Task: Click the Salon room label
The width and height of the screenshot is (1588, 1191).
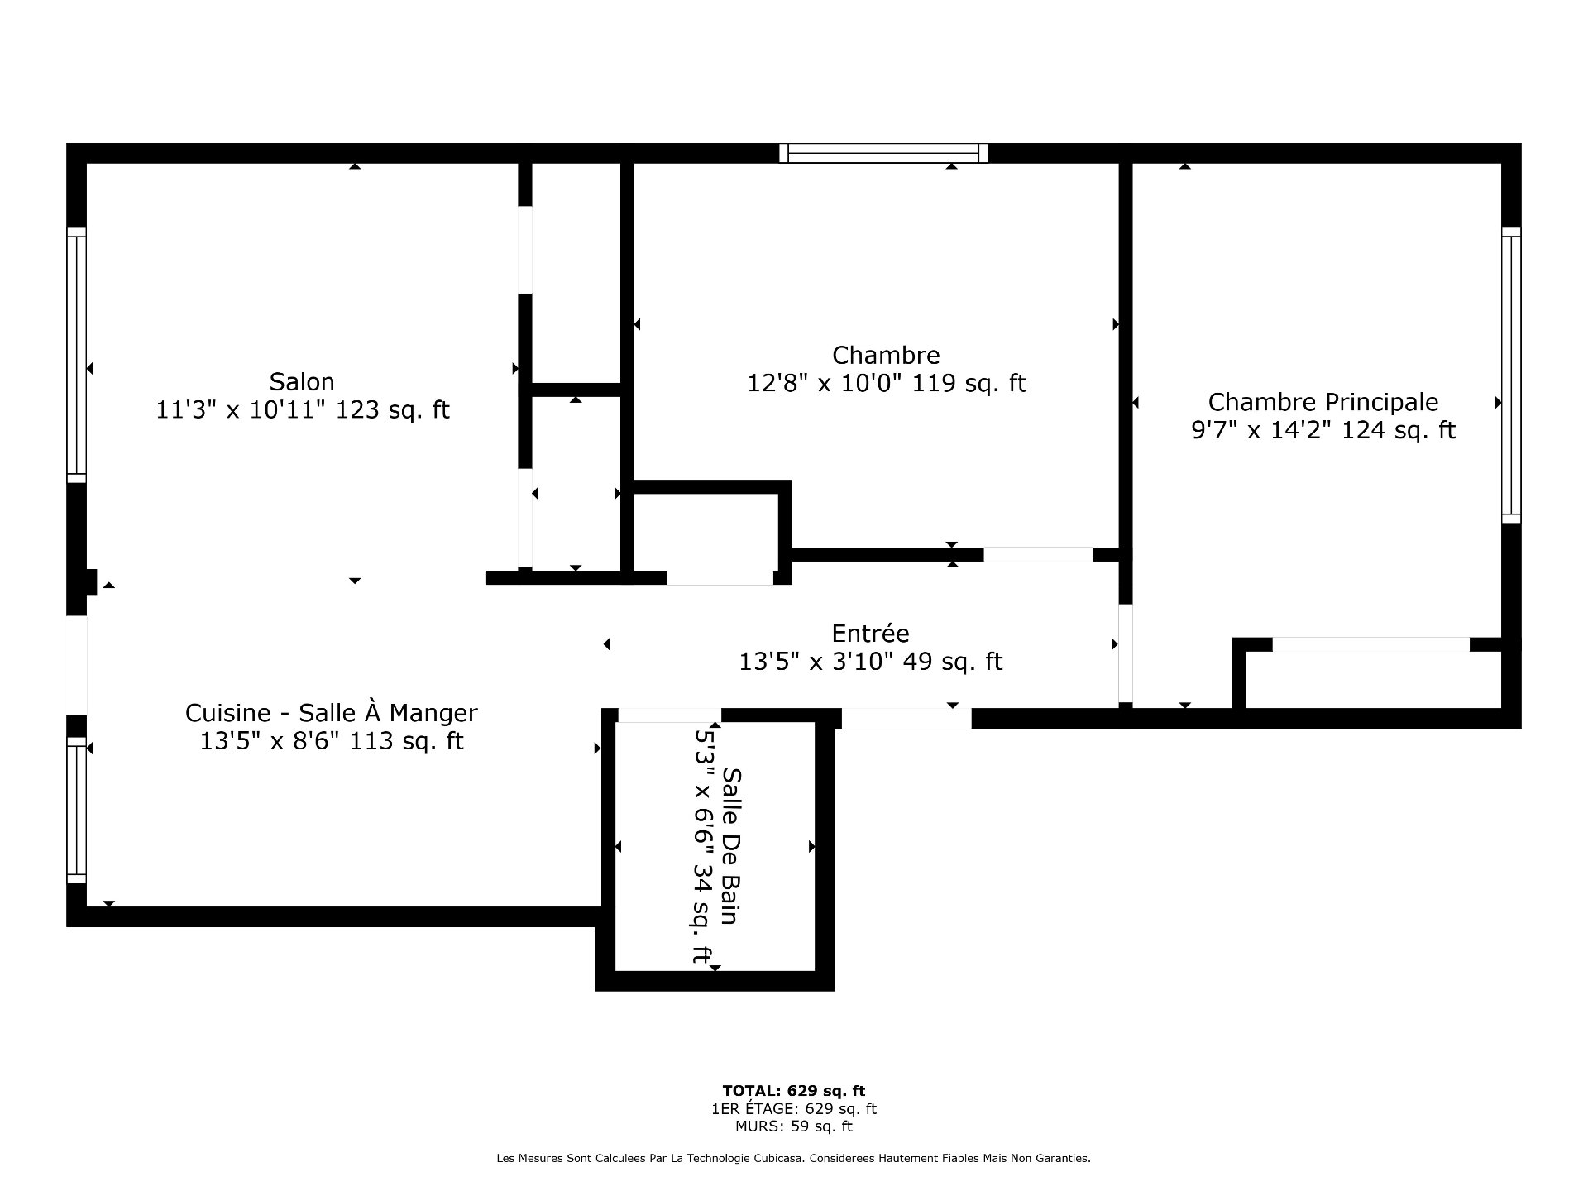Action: [302, 382]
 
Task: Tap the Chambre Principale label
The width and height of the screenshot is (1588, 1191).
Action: [1323, 403]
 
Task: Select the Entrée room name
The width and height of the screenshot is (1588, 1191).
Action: [870, 634]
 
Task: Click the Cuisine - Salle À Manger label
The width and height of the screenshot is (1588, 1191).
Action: [331, 713]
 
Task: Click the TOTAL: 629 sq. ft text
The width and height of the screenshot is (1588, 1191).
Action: [794, 1091]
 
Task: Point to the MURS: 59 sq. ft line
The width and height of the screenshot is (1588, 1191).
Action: [794, 1126]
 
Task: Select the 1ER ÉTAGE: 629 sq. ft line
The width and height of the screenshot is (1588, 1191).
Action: [794, 1109]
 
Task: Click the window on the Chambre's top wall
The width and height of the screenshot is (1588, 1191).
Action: [883, 153]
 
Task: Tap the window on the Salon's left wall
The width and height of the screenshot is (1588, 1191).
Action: [76, 355]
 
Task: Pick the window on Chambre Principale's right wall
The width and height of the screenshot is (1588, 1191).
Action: [1511, 375]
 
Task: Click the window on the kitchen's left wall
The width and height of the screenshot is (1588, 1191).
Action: [76, 811]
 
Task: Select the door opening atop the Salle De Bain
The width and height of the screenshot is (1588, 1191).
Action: [669, 715]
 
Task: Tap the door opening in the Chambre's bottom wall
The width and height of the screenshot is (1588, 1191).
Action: [1038, 554]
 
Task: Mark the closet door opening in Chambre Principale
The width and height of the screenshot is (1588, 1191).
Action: [1370, 644]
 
